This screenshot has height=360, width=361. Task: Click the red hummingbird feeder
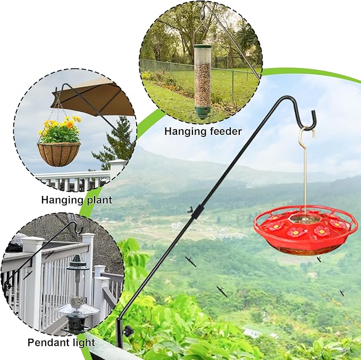[306, 230]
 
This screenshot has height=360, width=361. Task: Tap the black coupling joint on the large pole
[197, 212]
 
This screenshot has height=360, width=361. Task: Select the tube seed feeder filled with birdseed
[203, 82]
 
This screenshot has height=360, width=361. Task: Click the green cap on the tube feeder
[203, 47]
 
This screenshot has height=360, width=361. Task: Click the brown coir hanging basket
[59, 154]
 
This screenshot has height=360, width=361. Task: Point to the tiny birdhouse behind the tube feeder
[248, 54]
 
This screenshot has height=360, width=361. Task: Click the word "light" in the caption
[84, 342]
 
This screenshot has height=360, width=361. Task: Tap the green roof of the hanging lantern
[78, 264]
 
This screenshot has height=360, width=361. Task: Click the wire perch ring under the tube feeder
[202, 116]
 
